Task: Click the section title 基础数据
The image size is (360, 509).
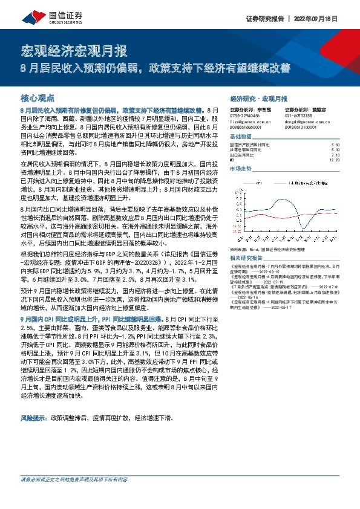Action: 240,137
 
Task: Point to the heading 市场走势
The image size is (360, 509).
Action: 240,169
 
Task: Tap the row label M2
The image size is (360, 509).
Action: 232,160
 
